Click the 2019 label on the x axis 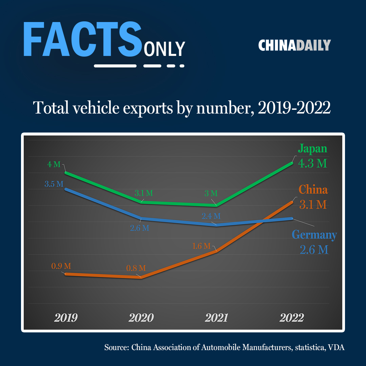point(66,318)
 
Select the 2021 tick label point(216,318)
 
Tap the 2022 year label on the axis point(292,318)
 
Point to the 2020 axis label point(141,318)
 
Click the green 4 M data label point(54,165)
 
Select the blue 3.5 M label point(54,185)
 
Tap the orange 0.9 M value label point(61,266)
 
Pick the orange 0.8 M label point(136,268)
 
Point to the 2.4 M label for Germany point(211,216)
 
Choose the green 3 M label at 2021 point(211,194)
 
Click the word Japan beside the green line point(312,149)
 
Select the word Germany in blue point(314,235)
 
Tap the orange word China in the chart point(313,189)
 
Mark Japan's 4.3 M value point(312,163)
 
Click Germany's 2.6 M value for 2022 point(314,250)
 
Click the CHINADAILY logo point(294,45)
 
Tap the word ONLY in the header point(164,49)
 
